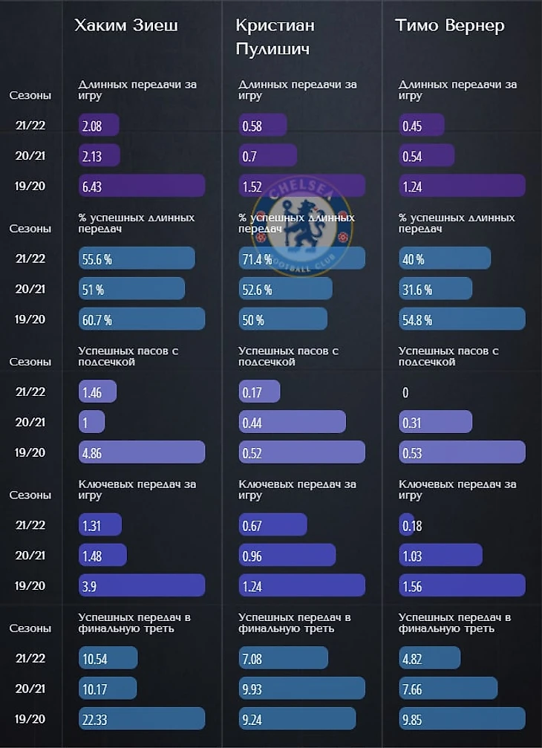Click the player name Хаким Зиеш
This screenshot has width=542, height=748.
[x=126, y=26]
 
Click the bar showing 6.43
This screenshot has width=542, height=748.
[x=141, y=186]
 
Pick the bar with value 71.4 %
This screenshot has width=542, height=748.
[x=301, y=258]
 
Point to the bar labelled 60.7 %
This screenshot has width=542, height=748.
[x=141, y=319]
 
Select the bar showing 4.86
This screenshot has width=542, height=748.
[x=141, y=452]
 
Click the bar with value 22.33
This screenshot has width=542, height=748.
[x=141, y=719]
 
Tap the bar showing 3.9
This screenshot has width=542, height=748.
[x=141, y=586]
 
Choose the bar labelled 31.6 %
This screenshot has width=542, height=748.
[x=435, y=289]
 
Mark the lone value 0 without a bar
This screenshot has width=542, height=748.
[x=405, y=392]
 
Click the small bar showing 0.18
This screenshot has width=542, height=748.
[x=407, y=525]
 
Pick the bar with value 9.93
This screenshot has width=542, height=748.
[x=301, y=689]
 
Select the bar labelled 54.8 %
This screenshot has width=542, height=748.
[x=462, y=319]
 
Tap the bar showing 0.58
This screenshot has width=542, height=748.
[x=263, y=125]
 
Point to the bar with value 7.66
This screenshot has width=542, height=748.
[x=448, y=689]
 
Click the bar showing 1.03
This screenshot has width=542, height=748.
[x=440, y=556]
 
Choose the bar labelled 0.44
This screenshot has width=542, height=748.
[x=292, y=422]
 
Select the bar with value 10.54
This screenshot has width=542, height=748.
[x=108, y=658]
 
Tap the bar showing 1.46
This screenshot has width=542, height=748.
[x=97, y=392]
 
